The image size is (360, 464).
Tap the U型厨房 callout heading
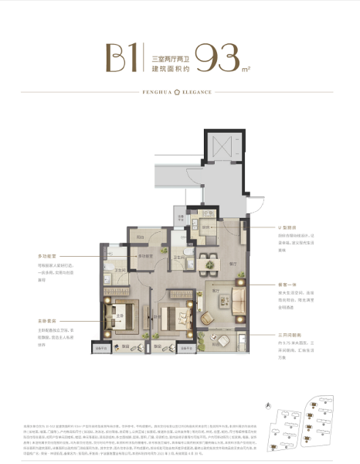pos(289,228)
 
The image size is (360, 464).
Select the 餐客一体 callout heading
pos(288,283)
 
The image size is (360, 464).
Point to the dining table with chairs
pos(208,264)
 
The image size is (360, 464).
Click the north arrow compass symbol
pos(267,404)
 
